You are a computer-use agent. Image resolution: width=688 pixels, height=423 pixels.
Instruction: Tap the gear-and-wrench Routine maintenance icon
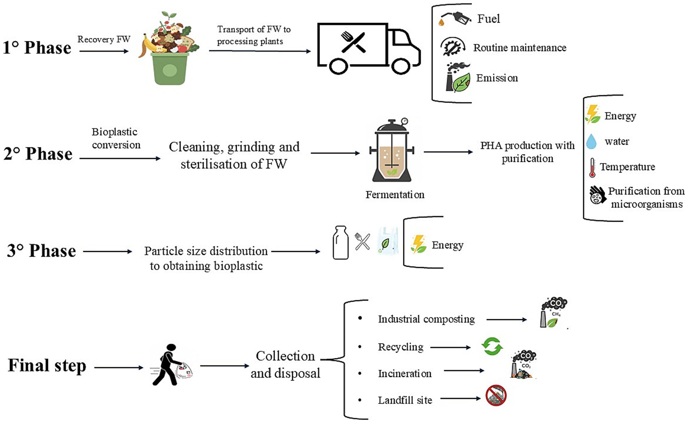pos(453,47)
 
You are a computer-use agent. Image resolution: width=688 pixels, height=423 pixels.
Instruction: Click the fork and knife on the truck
pos(353,42)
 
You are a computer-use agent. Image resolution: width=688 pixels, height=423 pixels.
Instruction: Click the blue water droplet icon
pos(591,141)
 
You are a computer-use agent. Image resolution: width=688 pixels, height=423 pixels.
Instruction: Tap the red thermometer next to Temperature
pos(592,167)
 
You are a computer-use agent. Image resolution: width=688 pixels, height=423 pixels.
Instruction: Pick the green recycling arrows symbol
pos(492,346)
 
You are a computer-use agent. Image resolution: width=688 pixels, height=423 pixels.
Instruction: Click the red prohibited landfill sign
pos(496,395)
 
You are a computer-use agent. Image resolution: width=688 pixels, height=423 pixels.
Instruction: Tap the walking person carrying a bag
pos(169,365)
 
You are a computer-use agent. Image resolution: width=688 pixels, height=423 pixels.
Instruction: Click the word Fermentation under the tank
pos(395,195)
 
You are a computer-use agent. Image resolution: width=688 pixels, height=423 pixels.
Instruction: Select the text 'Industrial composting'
pos(426,319)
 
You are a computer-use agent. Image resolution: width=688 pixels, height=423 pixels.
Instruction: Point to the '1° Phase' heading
pos(37,48)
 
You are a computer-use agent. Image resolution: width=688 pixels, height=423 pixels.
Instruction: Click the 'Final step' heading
pos(47,365)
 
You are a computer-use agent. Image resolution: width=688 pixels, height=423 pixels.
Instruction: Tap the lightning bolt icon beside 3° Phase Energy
pos(418,244)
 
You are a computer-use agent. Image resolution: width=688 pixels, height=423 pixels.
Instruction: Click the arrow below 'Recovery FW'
pos(104,51)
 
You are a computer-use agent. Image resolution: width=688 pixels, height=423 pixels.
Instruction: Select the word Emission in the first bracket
pos(497,78)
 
